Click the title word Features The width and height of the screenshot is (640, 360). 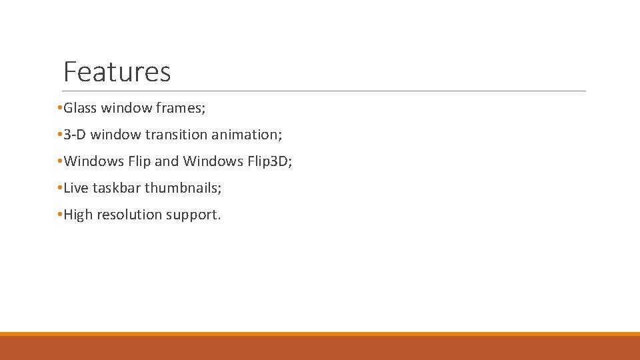(117, 72)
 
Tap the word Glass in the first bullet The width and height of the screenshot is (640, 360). (80, 108)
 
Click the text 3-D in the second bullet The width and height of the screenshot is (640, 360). (75, 135)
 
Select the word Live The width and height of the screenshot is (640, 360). (75, 188)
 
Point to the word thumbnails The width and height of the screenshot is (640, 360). (183, 188)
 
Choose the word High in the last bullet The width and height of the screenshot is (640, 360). (78, 215)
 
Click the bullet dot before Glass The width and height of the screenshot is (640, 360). (60, 108)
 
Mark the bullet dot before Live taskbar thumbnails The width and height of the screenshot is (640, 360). (60, 188)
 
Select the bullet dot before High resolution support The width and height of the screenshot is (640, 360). (60, 215)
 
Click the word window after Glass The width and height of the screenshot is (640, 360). (125, 108)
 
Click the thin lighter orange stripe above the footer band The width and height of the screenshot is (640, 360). (320, 334)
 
